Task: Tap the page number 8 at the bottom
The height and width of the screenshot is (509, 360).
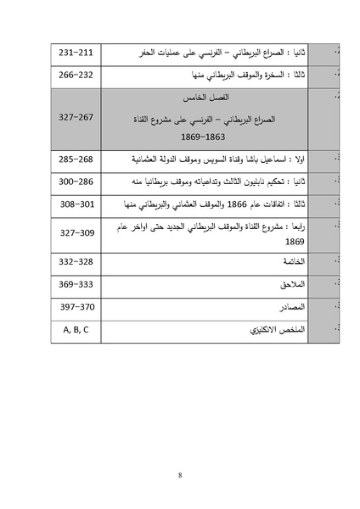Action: pos(180,474)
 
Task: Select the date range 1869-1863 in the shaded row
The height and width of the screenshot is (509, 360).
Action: pos(203,136)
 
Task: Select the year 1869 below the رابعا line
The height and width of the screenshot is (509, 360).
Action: pos(295,241)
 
